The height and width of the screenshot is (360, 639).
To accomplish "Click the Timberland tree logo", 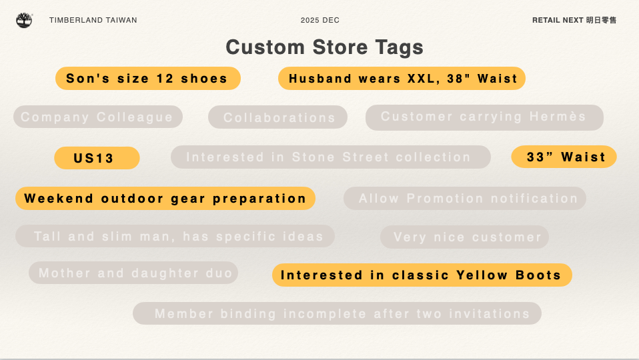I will pos(24,20).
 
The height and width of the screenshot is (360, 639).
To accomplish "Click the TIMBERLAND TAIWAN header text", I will pos(93,21).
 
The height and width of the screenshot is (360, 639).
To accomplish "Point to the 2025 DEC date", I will pos(320,21).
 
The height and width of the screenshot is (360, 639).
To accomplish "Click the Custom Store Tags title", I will pos(324,47).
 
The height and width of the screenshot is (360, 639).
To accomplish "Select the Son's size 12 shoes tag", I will pos(147,79).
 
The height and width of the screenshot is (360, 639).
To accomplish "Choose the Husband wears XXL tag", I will pos(402,79).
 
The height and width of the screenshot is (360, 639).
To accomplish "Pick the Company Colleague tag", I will pos(98,117).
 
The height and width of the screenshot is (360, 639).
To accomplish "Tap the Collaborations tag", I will pos(278,118).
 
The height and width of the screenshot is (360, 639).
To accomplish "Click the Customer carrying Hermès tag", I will pos(484,117).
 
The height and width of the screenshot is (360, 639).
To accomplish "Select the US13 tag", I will pos(97,158).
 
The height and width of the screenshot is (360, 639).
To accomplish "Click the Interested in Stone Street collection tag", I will pos(330,157).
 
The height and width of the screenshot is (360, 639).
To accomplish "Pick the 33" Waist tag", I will pos(564,157).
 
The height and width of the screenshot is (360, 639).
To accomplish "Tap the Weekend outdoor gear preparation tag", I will pos(165,199).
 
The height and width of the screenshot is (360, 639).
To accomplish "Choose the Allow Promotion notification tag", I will pos(466,199).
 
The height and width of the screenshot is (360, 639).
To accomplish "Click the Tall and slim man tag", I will pos(175,237).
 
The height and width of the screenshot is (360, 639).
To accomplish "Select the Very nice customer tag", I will pos(465,237).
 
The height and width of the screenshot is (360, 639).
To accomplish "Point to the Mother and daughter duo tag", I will pos(133,273).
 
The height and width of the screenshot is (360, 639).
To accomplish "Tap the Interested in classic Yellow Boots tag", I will pos(422,275).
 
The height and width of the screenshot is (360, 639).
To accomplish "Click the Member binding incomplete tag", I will pos(338,314).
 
